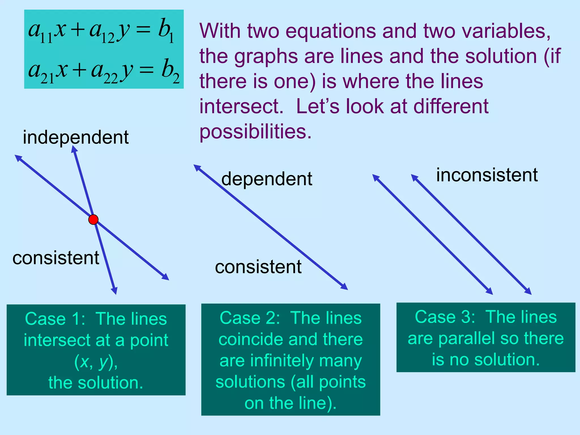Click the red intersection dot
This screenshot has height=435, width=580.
coord(93,219)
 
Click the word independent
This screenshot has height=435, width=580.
coord(76,137)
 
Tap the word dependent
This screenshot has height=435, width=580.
coord(267,179)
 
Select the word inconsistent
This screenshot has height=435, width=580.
coord(487,175)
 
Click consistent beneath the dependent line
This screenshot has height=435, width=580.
coord(258,267)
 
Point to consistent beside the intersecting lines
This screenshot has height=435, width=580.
coord(56,258)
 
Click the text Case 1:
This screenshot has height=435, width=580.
coord(55,319)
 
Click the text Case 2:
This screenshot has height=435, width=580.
coord(250,318)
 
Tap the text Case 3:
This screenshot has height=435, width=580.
coord(445,317)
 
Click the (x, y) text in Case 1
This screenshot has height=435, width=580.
coord(96,362)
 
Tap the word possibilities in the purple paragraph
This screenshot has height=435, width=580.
coord(255,132)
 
